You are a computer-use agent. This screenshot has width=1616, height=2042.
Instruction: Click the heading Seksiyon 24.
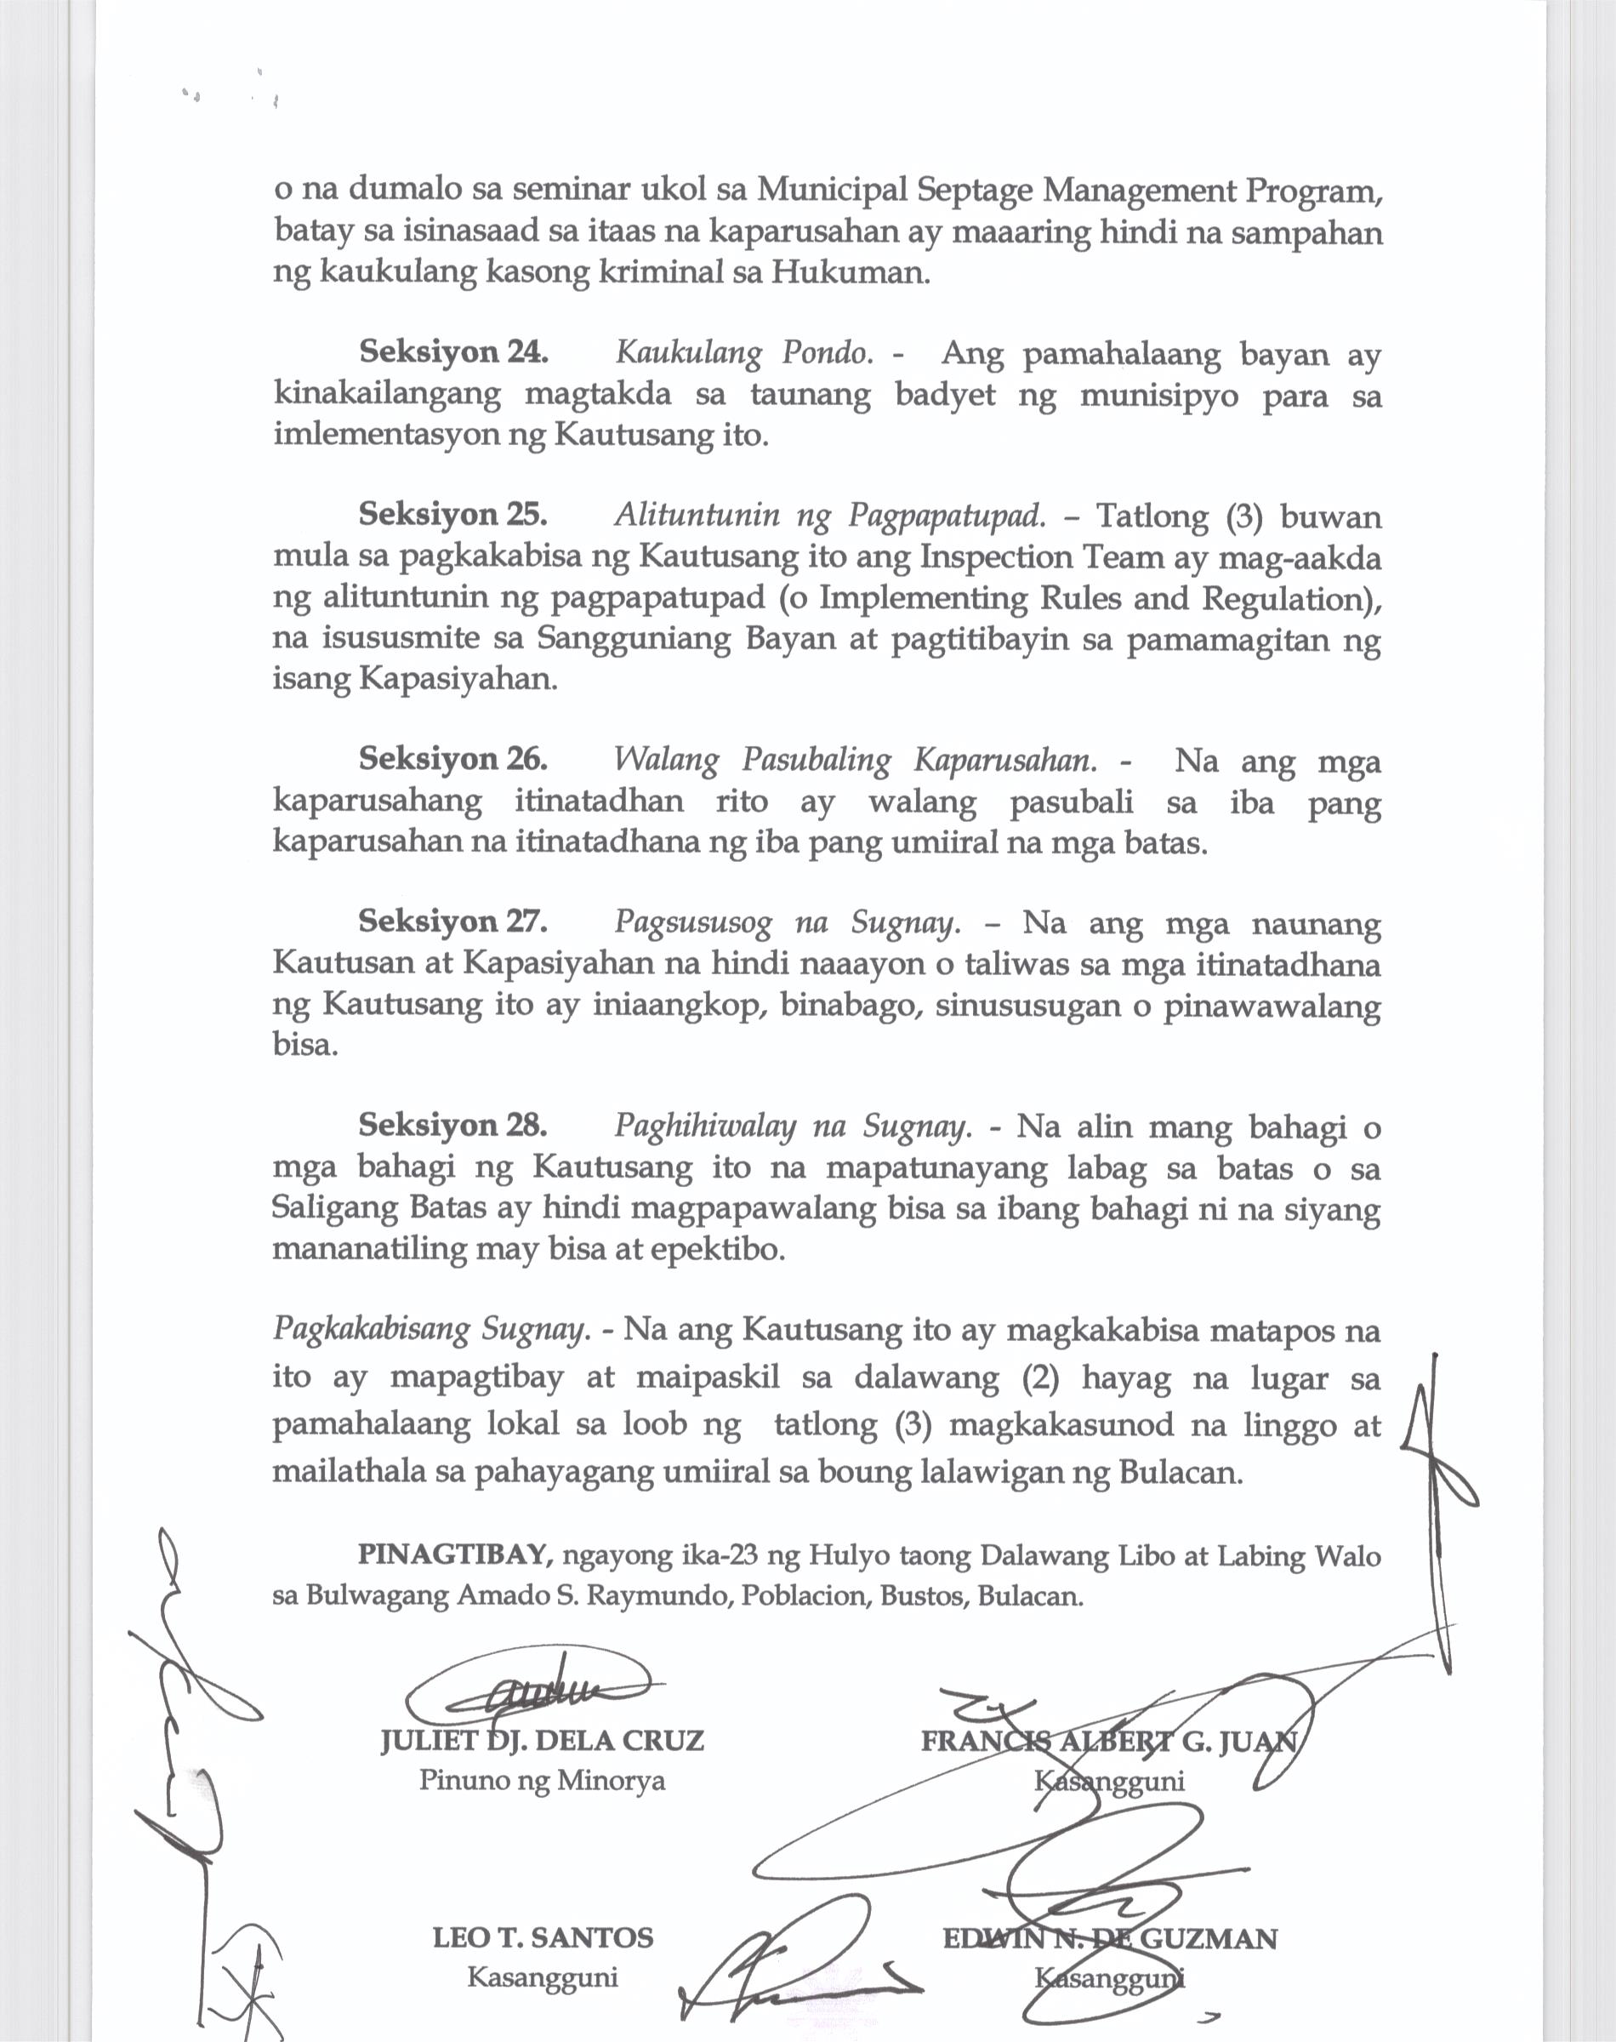[x=452, y=353]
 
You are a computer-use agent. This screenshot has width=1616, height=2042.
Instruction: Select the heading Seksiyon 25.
[x=452, y=515]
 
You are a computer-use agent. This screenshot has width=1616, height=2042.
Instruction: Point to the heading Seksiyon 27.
[x=452, y=921]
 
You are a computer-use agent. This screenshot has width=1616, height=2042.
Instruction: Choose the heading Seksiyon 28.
[x=452, y=1125]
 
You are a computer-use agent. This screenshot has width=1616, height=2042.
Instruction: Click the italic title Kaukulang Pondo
[x=743, y=354]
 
